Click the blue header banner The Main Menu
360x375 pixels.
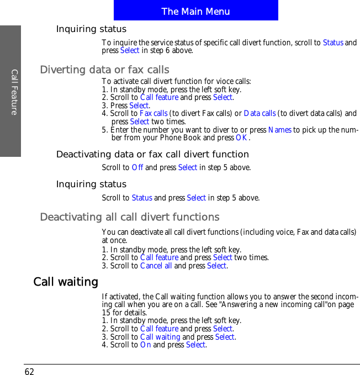195,11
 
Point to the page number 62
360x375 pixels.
29,371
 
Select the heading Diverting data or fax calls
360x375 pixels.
105,70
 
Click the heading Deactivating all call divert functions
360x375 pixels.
130,217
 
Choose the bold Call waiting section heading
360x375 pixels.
66,282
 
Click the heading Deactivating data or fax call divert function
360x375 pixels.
152,154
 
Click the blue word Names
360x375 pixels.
279,130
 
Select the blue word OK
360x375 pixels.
241,138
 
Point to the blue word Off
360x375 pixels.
137,167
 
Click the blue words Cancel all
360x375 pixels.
156,266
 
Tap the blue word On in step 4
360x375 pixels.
145,345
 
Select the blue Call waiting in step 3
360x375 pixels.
160,336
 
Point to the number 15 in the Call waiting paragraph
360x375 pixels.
107,313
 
